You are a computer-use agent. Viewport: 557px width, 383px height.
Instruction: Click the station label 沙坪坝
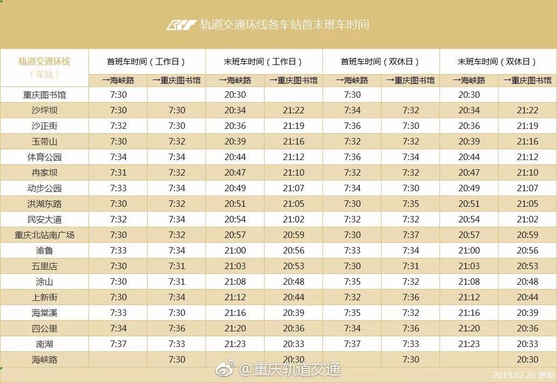[45, 111]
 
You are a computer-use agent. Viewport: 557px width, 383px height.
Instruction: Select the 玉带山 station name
[45, 142]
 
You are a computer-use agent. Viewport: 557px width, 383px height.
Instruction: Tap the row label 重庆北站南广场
[45, 235]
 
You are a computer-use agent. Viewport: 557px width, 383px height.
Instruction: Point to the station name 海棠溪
[45, 313]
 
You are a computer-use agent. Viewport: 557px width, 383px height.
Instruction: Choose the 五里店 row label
[45, 266]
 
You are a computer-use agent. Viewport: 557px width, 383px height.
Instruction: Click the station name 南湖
[45, 344]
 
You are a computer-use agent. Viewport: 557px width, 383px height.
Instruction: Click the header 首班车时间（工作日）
[146, 62]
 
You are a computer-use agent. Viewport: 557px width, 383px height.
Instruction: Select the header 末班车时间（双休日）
[497, 62]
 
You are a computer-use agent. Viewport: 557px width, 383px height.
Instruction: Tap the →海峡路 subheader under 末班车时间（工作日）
[235, 81]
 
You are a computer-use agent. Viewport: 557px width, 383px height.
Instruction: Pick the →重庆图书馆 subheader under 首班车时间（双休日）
[411, 81]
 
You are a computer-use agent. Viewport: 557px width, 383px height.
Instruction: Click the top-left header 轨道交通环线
[45, 61]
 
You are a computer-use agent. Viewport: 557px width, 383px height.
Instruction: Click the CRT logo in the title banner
[181, 25]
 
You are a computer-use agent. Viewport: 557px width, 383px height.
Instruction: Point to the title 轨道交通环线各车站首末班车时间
[284, 25]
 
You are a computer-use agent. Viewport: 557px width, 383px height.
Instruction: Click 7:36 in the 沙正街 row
[352, 126]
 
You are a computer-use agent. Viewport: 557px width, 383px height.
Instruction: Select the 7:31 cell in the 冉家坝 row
[118, 173]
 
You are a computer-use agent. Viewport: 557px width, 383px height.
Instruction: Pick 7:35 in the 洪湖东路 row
[411, 204]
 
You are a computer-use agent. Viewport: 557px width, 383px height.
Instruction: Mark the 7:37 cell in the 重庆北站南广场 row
[411, 235]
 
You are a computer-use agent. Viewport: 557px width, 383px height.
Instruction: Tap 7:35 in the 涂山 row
[352, 282]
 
